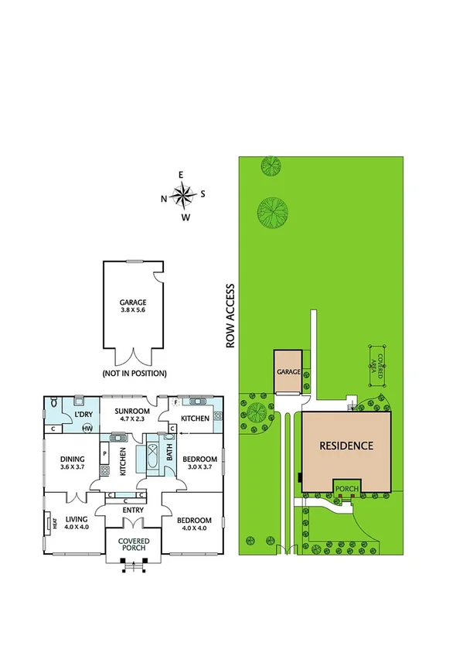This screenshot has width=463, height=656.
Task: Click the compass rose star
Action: (x=183, y=196)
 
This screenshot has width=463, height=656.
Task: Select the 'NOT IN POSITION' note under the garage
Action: (x=134, y=373)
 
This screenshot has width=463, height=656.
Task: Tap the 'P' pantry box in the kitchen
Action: (x=104, y=455)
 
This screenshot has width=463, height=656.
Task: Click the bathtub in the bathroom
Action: (x=150, y=456)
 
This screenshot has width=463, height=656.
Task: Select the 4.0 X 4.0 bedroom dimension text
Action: (x=196, y=527)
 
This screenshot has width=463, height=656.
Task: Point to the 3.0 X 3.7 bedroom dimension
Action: (x=197, y=467)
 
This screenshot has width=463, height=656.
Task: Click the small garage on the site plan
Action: (x=288, y=372)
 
